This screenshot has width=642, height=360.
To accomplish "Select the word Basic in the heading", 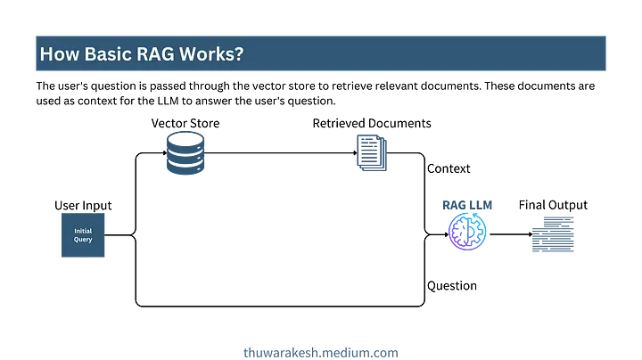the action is (107, 54).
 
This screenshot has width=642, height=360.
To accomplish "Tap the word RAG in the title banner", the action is (155, 54).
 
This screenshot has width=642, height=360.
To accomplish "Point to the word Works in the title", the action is (209, 54).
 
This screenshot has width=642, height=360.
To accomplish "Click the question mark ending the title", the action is (239, 54).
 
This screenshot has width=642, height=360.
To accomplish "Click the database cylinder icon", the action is (185, 152).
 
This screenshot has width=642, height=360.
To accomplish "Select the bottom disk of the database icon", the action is (185, 168).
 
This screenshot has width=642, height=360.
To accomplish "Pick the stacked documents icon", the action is (371, 152).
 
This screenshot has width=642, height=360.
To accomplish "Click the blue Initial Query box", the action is (83, 235).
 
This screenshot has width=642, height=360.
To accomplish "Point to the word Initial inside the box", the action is (83, 231).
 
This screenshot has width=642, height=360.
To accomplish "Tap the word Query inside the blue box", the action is (83, 240).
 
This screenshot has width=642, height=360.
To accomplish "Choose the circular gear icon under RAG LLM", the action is (467, 232).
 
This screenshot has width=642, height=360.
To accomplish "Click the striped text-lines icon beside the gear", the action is (553, 234).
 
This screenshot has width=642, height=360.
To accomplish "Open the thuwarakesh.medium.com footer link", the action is (320, 352).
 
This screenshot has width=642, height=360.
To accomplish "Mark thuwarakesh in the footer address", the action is (278, 352).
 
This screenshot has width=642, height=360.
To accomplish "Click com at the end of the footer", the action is (386, 352).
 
